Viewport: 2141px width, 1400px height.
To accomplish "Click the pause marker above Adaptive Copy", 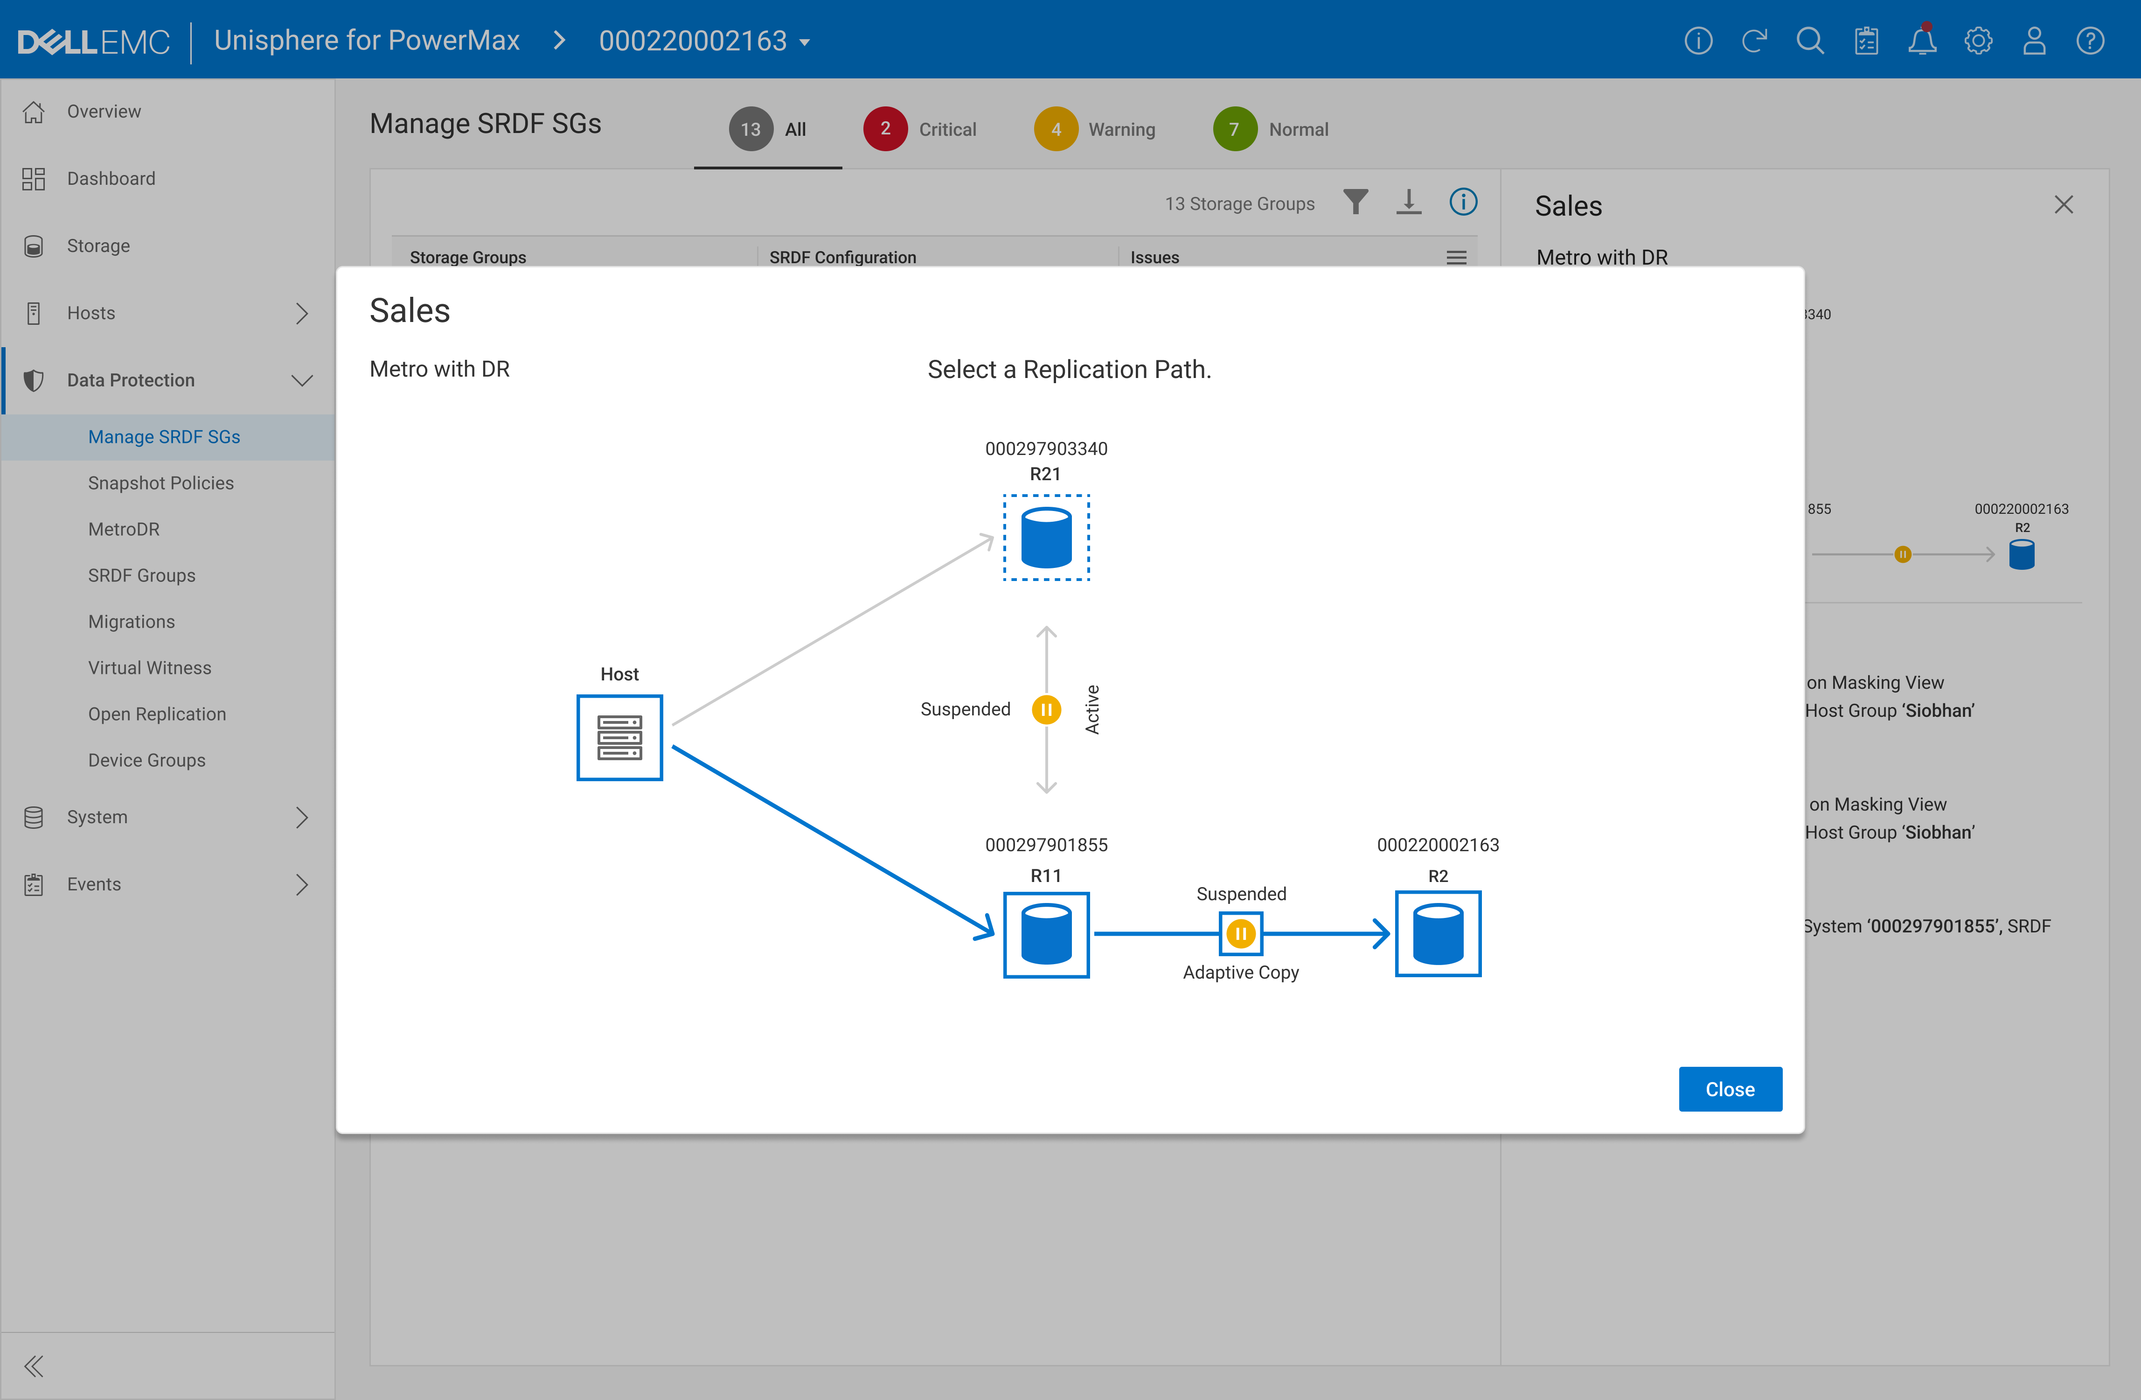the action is pyautogui.click(x=1241, y=934).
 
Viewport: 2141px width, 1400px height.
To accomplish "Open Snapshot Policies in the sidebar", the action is pyautogui.click(x=161, y=483).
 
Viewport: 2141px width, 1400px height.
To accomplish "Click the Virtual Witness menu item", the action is pyautogui.click(x=149, y=668).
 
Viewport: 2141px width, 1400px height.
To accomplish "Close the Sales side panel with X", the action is pyautogui.click(x=2063, y=205).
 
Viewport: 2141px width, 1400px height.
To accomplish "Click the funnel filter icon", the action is pyautogui.click(x=1355, y=203).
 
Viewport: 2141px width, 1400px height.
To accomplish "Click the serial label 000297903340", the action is pyautogui.click(x=1046, y=448).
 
